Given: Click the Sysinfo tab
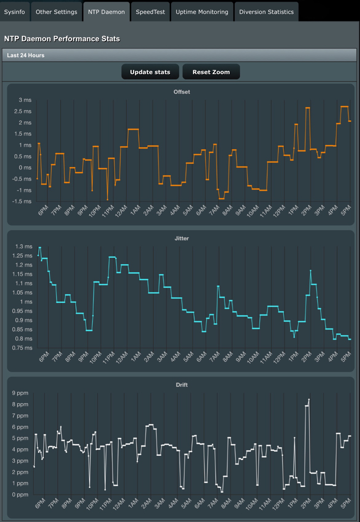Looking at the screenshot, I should [x=15, y=12].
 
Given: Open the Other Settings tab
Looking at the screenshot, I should [x=56, y=12].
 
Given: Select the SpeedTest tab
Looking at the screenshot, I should [x=150, y=12].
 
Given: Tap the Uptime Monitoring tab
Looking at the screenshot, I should [x=202, y=12].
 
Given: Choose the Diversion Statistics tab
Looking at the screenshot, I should [x=266, y=12].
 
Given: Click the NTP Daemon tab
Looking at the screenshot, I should [x=107, y=12].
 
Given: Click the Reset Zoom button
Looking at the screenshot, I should [x=211, y=72].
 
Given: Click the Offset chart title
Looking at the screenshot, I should [x=182, y=92].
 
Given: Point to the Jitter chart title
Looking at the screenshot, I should [x=182, y=238].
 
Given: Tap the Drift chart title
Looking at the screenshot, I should [x=182, y=385].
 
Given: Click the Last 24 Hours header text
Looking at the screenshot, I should [x=25, y=55].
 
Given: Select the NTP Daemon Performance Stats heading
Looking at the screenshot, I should [x=62, y=39].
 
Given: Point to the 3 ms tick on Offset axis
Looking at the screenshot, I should [x=24, y=100].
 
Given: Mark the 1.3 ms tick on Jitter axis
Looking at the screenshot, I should [x=22, y=247].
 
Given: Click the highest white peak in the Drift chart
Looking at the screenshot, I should [x=309, y=400].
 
